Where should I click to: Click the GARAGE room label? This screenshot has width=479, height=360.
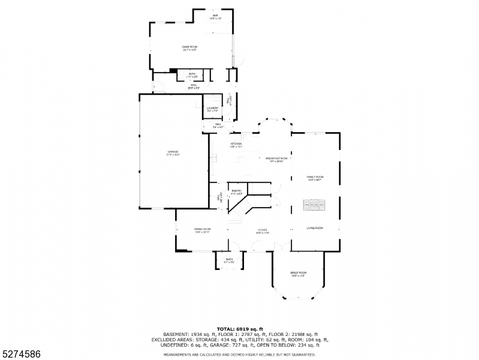[173, 152]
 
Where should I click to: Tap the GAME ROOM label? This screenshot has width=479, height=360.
[190, 46]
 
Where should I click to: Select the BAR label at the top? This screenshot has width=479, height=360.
[212, 17]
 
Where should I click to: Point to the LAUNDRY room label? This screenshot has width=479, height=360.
[213, 108]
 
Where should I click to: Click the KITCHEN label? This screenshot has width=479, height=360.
[236, 144]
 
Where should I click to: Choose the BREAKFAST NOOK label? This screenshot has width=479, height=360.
[277, 158]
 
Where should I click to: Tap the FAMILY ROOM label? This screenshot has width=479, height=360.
[315, 177]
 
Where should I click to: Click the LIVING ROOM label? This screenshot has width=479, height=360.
[315, 228]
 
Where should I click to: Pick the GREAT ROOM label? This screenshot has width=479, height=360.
[298, 272]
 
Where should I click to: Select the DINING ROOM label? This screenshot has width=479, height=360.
[202, 229]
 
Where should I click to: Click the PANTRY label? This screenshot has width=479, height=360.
[236, 191]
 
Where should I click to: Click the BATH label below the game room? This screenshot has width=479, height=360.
[192, 74]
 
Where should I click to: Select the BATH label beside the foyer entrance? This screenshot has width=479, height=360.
[229, 260]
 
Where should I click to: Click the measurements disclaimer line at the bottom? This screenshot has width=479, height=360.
[240, 355]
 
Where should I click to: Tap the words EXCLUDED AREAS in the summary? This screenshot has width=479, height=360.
[171, 340]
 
